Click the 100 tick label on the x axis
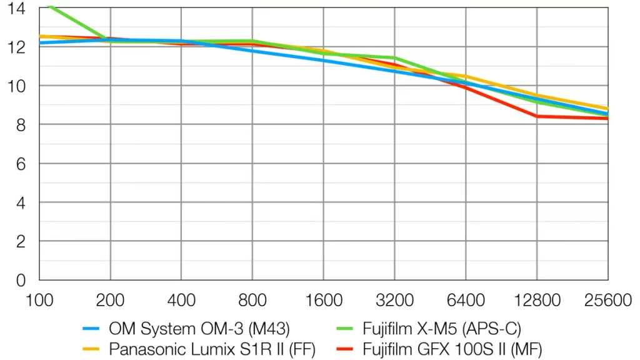pyautogui.click(x=39, y=300)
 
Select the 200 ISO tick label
pyautogui.click(x=110, y=300)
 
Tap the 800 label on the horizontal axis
pyautogui.click(x=252, y=300)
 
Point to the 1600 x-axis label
pyautogui.click(x=323, y=300)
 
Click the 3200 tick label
pyautogui.click(x=394, y=300)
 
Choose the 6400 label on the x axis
pyautogui.click(x=466, y=300)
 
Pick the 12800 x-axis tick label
pyautogui.click(x=537, y=300)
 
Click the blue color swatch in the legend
pyautogui.click(x=92, y=328)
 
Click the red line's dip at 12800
pyautogui.click(x=537, y=116)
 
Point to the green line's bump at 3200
pyautogui.click(x=394, y=58)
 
